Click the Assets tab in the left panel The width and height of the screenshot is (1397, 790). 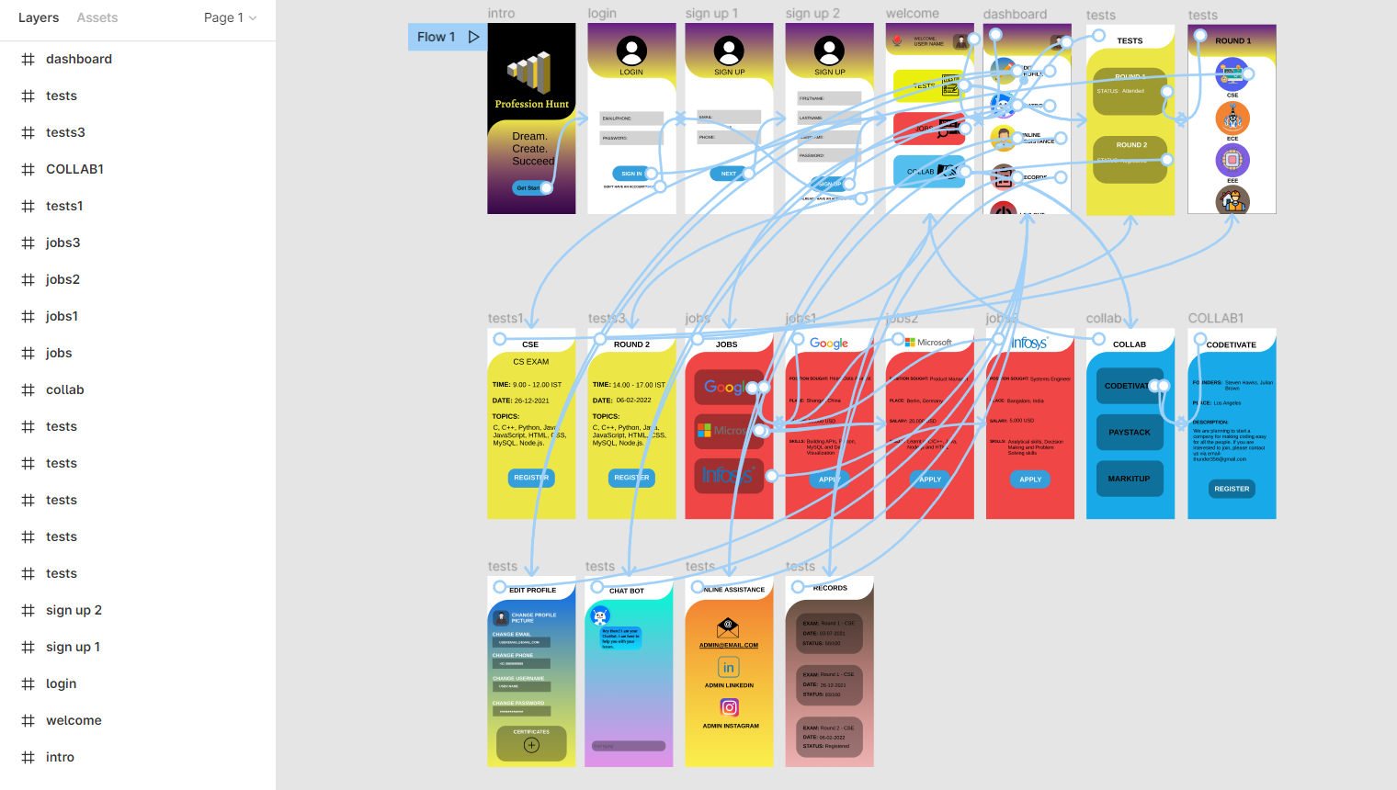tap(97, 17)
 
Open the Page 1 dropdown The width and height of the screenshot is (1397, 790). tap(230, 17)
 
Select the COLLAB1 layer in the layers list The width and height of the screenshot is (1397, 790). tap(74, 169)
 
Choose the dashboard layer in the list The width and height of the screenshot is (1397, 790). tap(79, 59)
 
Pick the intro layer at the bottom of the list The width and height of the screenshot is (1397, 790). tap(60, 757)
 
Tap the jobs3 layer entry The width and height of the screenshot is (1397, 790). tap(62, 243)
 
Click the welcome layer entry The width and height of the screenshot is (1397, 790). tap(74, 720)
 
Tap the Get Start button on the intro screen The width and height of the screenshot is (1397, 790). tap(528, 187)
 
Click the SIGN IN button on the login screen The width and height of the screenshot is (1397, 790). tap(631, 173)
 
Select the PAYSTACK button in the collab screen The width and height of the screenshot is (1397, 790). tap(1130, 432)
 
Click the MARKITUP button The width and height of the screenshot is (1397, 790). tap(1130, 479)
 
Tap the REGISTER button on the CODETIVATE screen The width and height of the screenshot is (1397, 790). tap(1232, 489)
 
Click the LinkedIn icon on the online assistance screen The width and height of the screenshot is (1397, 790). tap(729, 667)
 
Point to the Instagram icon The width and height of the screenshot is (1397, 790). tap(729, 707)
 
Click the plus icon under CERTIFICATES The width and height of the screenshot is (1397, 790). tap(531, 745)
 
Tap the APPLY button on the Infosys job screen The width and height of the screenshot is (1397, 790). tap(1030, 479)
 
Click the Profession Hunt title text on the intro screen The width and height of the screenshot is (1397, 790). tap(531, 104)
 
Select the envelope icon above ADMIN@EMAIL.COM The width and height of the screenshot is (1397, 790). tap(728, 627)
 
